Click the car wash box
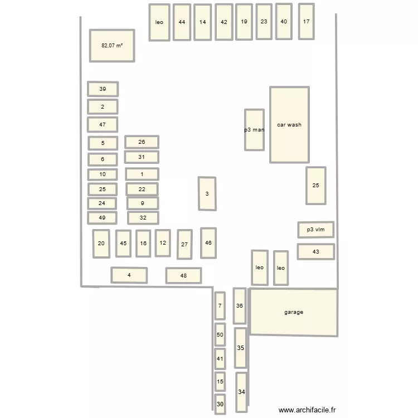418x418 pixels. click(x=289, y=125)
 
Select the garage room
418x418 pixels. click(x=294, y=312)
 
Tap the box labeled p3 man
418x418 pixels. click(x=254, y=130)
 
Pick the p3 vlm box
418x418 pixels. click(x=316, y=229)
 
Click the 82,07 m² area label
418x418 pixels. click(x=112, y=46)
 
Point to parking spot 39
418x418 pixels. click(x=103, y=89)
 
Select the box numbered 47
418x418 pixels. click(x=103, y=124)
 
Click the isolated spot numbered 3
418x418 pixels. click(x=207, y=194)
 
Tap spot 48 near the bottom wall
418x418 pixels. click(x=183, y=275)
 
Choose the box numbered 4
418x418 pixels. click(x=129, y=275)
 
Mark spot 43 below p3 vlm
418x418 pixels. click(x=315, y=251)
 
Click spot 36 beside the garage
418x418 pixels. click(x=240, y=305)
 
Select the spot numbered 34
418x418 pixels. click(x=241, y=392)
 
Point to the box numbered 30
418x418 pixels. click(x=220, y=404)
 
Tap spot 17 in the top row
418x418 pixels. click(x=306, y=22)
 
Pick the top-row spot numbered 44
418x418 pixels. click(x=182, y=22)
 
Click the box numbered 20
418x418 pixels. click(x=101, y=244)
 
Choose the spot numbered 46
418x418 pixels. click(x=208, y=243)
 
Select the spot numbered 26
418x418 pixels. click(x=142, y=142)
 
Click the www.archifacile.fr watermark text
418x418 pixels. click(x=308, y=410)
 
